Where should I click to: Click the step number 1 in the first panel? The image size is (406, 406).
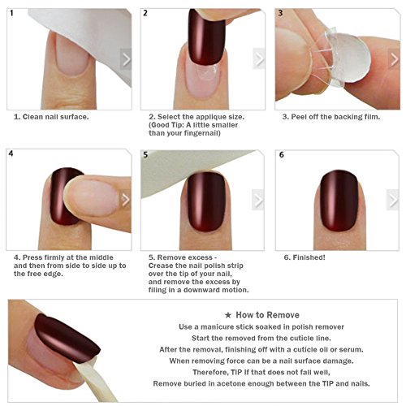point(11,13)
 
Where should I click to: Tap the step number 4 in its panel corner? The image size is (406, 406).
point(11,153)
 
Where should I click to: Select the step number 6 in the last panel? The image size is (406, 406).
point(282,155)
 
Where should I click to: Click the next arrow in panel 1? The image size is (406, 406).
point(126,59)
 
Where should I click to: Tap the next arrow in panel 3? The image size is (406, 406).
point(395,59)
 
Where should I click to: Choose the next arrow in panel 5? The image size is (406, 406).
point(258,200)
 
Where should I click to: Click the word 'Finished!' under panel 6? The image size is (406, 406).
point(309,257)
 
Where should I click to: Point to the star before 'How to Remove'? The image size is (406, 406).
point(228,315)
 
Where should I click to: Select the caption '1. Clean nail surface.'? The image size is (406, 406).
point(51,117)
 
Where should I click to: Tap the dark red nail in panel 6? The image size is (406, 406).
point(339,201)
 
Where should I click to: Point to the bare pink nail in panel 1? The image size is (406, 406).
point(71,55)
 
